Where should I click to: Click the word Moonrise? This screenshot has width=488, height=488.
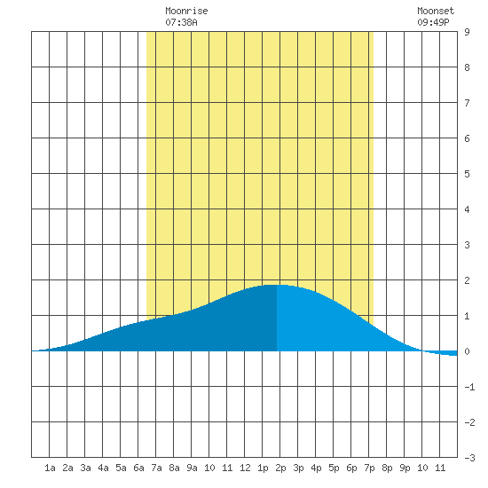pyautogui.click(x=186, y=11)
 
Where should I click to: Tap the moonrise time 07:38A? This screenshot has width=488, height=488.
pyautogui.click(x=181, y=22)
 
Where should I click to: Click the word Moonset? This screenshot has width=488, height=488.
pyautogui.click(x=436, y=11)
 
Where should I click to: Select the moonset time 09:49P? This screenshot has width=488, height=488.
pyautogui.click(x=433, y=22)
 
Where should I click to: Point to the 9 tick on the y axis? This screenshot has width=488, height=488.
pyautogui.click(x=467, y=32)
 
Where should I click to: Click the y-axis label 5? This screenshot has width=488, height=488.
pyautogui.click(x=467, y=174)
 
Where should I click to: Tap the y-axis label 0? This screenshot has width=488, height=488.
pyautogui.click(x=467, y=351)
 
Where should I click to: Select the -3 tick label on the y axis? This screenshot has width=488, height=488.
pyautogui.click(x=469, y=458)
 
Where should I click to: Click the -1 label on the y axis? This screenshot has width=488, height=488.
pyautogui.click(x=469, y=387)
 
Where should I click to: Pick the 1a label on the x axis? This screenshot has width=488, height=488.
pyautogui.click(x=50, y=468)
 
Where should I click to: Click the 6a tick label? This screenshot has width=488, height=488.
pyautogui.click(x=138, y=468)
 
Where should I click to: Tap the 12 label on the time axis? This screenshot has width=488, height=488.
pyautogui.click(x=245, y=468)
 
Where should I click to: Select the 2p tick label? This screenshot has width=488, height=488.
pyautogui.click(x=280, y=468)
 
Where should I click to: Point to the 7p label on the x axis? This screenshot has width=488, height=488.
pyautogui.click(x=369, y=468)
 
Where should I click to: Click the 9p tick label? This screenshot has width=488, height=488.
pyautogui.click(x=405, y=468)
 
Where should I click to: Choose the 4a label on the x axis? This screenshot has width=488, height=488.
pyautogui.click(x=103, y=468)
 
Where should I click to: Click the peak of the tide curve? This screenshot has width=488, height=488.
pyautogui.click(x=275, y=285)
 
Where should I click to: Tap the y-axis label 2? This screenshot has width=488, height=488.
pyautogui.click(x=467, y=280)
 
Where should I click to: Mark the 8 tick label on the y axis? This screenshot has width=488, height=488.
pyautogui.click(x=467, y=67)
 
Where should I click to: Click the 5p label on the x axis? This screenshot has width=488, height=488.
pyautogui.click(x=334, y=468)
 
